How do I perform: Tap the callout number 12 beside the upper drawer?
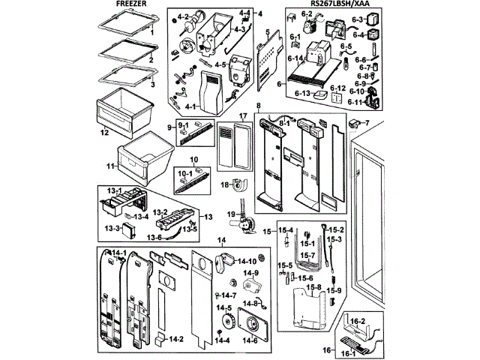coord(105,133)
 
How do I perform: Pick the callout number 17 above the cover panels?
coord(242,115)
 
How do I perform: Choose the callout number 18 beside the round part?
coord(224,184)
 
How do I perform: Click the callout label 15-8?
coord(313,287)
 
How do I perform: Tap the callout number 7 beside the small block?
coord(367,122)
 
